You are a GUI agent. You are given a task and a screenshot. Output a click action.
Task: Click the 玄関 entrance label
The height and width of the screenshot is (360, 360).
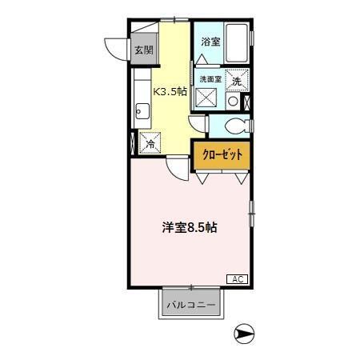143,50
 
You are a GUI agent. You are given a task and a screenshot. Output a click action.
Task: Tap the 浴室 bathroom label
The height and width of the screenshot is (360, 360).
210,41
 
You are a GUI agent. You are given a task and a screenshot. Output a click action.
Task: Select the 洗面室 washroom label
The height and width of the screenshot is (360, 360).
210,78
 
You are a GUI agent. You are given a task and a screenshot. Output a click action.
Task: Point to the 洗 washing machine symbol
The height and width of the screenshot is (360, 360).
237,80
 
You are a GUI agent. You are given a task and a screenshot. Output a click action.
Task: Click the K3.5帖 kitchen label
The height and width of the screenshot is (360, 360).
171,91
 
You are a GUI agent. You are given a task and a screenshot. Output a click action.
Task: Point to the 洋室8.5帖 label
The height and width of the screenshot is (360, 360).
190,227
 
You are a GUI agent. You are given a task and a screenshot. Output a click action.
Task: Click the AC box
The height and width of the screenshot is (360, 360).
237,278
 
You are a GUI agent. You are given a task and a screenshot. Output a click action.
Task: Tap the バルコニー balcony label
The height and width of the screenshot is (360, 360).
190,305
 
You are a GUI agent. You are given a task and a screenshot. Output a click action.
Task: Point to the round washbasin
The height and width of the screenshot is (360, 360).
233,102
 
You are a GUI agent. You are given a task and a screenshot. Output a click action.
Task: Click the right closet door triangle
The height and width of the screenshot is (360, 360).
240,178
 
